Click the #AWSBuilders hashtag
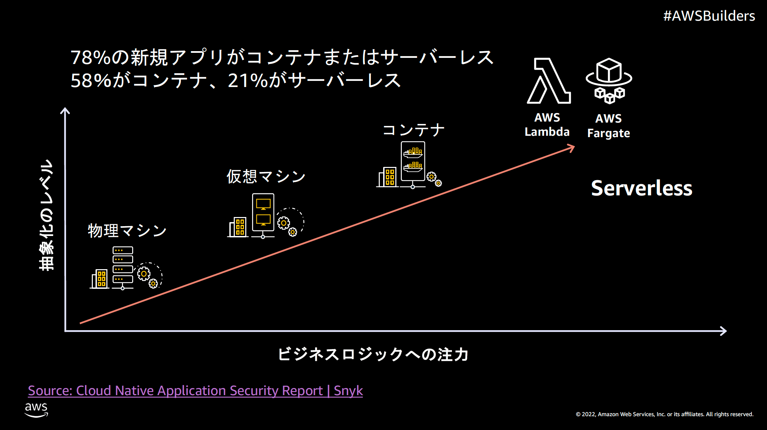(709, 16)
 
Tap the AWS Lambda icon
(548, 81)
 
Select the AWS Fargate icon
(609, 81)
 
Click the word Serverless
(641, 188)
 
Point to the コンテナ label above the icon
(413, 130)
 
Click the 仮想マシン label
(266, 176)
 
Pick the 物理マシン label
(127, 231)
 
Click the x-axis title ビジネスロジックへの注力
(373, 354)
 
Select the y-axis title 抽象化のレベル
(46, 215)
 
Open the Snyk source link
(195, 391)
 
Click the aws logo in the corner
(36, 409)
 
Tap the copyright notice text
(664, 414)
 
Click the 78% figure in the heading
(90, 58)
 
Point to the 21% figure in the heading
(248, 81)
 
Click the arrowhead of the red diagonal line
(571, 148)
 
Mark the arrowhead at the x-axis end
(723, 331)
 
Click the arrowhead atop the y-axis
(65, 111)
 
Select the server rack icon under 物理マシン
(123, 267)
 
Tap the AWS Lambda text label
(547, 125)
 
